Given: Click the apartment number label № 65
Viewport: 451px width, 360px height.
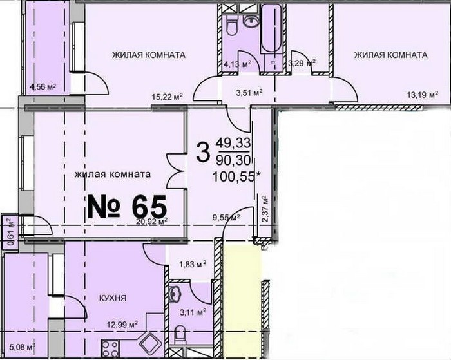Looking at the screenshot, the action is coord(127,207).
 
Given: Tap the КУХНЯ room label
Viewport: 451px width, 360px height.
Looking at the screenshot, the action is coord(113,298).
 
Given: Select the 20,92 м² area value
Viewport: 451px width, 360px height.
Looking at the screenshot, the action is coord(153,222).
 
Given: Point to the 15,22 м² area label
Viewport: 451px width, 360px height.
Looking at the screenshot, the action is coord(168,97).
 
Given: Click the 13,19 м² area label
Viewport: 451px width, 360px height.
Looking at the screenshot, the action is coord(423,95).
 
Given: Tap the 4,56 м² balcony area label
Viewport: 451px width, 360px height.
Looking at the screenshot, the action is coord(43,86).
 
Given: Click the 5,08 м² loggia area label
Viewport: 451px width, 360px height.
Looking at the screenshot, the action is coord(23,347).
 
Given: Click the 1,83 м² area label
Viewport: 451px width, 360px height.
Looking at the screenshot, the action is coord(193,263).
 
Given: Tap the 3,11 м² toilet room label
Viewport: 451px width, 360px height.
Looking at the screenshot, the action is coord(193,312).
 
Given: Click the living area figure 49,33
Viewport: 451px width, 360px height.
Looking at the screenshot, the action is coord(234,142).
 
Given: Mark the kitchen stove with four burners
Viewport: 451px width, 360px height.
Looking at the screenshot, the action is coord(110,348).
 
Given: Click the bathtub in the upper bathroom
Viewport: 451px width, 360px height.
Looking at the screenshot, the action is coord(271,28).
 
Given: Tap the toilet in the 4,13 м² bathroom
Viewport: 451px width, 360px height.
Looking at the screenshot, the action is coord(231,25).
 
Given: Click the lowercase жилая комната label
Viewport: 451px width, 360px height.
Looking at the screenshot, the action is coord(113,175).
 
